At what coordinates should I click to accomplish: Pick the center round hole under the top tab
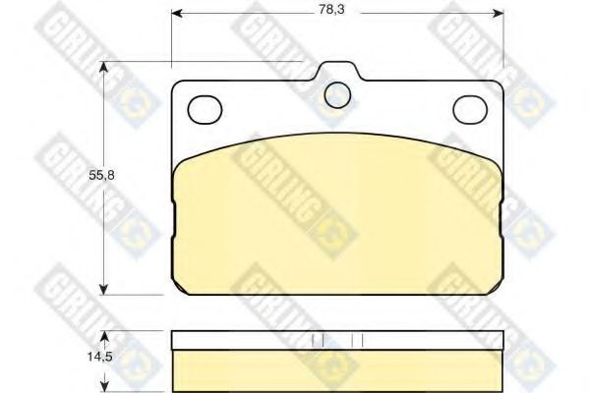[338, 93]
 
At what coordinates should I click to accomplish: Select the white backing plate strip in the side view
[338, 339]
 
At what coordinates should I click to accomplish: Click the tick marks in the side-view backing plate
[338, 340]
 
